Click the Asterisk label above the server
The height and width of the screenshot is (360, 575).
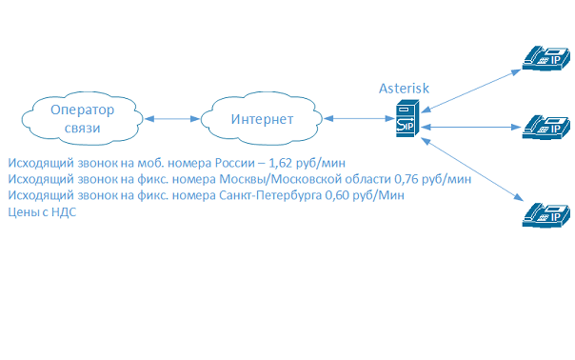click(405, 88)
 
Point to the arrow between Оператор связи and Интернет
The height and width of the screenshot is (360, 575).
click(172, 119)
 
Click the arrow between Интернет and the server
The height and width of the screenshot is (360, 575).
click(357, 120)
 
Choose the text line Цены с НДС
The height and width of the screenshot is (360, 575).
click(41, 211)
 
